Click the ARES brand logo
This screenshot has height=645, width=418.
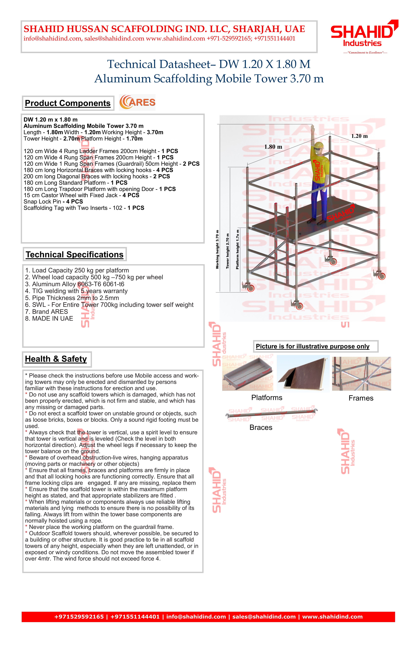(137, 102)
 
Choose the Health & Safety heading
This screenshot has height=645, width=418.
(56, 359)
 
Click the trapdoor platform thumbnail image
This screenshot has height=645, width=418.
(303, 373)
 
